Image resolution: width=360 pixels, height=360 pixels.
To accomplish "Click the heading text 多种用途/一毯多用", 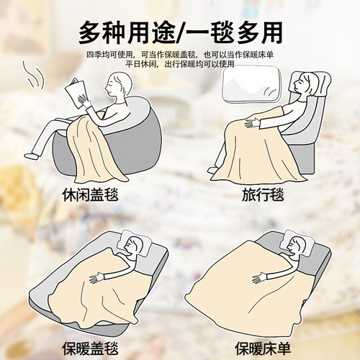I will [x=179, y=32].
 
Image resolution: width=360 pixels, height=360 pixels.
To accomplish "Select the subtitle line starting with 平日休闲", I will [x=179, y=64].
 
